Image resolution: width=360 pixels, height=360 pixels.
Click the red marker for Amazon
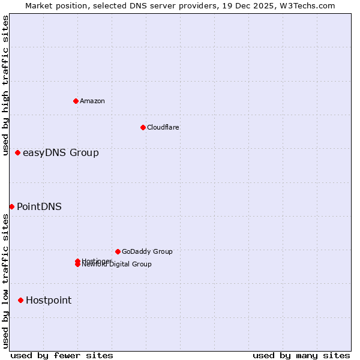[x=76, y=101]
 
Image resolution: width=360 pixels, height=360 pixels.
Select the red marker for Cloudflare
[x=143, y=127]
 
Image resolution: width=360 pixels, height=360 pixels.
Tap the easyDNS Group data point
[x=17, y=153]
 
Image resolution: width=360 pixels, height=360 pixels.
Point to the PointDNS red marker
[x=11, y=206]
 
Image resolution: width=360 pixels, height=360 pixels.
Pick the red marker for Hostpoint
[x=20, y=300]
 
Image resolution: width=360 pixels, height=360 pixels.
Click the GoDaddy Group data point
[x=118, y=251]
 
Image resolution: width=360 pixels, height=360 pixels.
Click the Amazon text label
[x=92, y=101]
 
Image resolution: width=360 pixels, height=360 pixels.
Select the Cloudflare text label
[x=163, y=127]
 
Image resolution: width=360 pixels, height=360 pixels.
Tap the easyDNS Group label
[x=61, y=153]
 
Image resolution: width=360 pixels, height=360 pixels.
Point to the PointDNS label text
[x=39, y=207]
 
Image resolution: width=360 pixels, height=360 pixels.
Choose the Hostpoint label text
[x=49, y=301]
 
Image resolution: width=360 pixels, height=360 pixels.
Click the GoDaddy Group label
[x=147, y=252]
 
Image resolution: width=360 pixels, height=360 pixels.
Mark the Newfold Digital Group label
[x=118, y=265]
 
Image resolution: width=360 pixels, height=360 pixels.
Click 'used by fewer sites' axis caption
[x=62, y=355]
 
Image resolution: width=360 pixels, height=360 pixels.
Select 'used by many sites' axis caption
[x=301, y=355]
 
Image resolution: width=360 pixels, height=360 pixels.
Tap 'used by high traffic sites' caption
[x=5, y=86]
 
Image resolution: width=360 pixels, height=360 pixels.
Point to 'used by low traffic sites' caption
[x=5, y=281]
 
